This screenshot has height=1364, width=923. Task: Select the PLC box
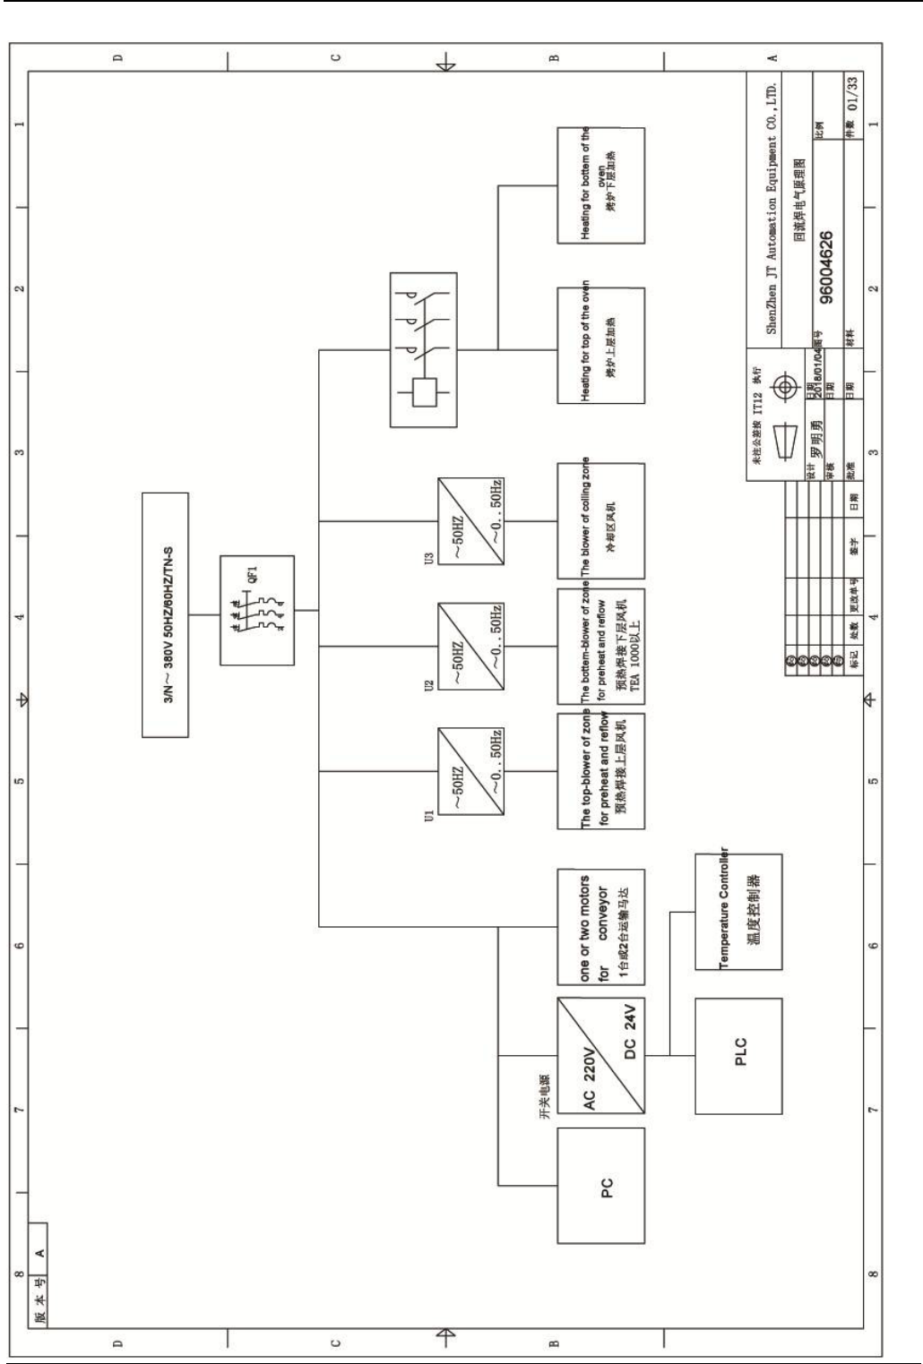click(738, 1045)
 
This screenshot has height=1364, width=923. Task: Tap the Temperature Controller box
click(738, 911)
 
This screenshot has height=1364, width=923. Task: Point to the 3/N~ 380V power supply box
click(165, 614)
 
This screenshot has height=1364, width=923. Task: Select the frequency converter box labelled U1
click(470, 771)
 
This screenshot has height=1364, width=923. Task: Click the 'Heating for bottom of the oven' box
click(600, 185)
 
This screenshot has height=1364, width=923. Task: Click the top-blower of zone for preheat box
click(600, 771)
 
